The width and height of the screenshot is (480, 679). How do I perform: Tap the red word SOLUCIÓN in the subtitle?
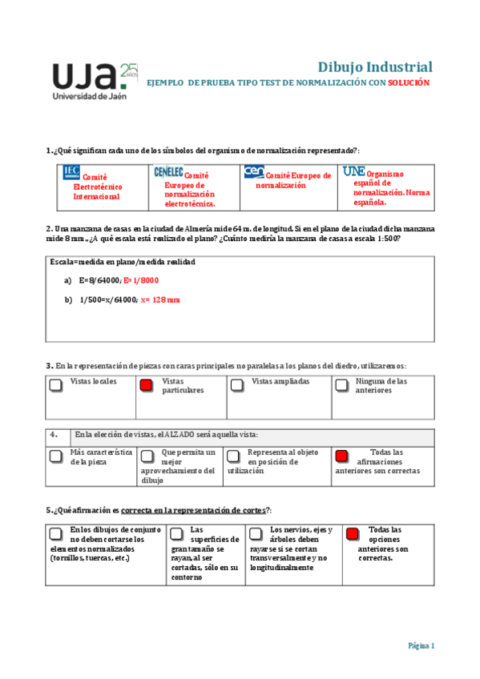click(x=409, y=83)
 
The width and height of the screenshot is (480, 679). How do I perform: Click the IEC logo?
click(x=71, y=171)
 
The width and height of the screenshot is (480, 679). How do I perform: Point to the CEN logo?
click(x=254, y=171)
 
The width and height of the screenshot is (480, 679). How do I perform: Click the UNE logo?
click(x=353, y=171)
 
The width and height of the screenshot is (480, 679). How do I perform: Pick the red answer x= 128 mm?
click(x=160, y=299)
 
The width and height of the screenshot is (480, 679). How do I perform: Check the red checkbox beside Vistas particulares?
click(x=146, y=385)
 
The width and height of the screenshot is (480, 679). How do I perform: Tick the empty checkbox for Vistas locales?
click(x=55, y=385)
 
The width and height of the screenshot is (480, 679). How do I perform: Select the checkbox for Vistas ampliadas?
click(x=236, y=385)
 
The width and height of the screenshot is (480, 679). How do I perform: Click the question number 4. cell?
click(x=54, y=435)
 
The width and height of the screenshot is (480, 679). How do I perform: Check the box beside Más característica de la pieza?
click(x=55, y=456)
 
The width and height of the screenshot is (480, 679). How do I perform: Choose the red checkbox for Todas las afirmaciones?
click(x=341, y=456)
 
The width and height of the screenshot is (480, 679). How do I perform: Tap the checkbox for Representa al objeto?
click(x=232, y=456)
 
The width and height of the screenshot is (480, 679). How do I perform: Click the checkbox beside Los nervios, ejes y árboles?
click(x=254, y=533)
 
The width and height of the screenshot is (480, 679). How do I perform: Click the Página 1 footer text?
click(x=421, y=645)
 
